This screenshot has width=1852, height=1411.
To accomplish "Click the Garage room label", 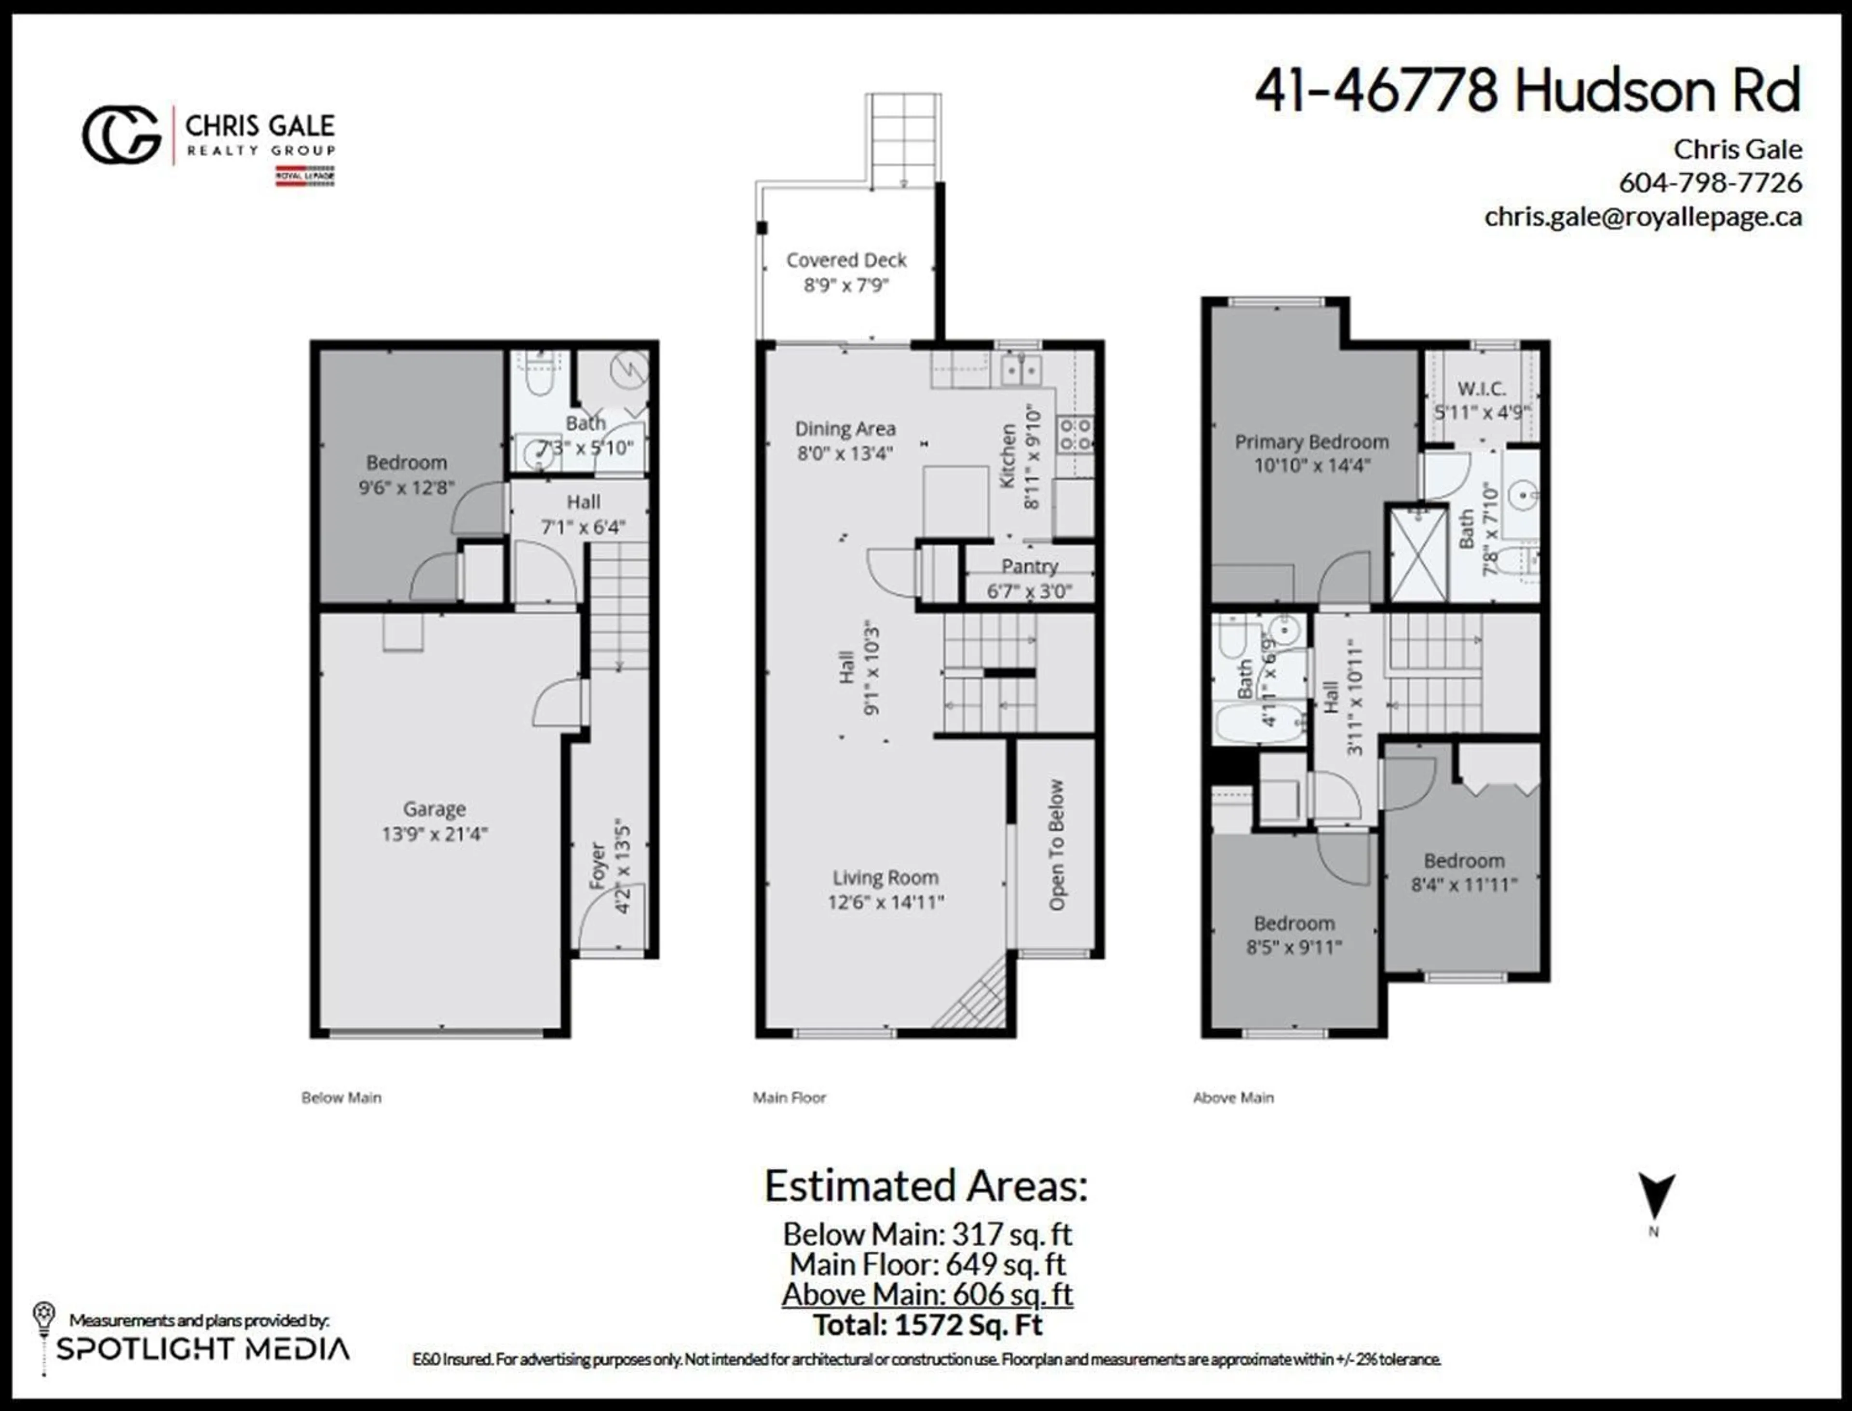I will [434, 809].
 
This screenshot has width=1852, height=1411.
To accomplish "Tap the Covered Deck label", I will [846, 260].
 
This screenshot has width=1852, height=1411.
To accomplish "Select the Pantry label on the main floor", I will [1030, 566].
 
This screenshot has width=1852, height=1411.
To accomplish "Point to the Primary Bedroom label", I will [1311, 442].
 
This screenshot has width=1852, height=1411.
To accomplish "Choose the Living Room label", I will [885, 878].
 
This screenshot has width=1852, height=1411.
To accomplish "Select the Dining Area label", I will [845, 429].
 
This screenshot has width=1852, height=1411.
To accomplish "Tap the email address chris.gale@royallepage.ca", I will [1643, 217].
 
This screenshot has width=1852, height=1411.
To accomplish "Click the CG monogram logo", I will [122, 135].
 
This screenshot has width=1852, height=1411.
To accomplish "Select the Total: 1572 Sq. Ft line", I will [927, 1325].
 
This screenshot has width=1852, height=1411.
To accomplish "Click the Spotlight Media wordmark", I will [203, 1349].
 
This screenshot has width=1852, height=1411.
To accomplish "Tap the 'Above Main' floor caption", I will [1233, 1098].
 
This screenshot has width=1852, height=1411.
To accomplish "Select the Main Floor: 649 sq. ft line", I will [927, 1264].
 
